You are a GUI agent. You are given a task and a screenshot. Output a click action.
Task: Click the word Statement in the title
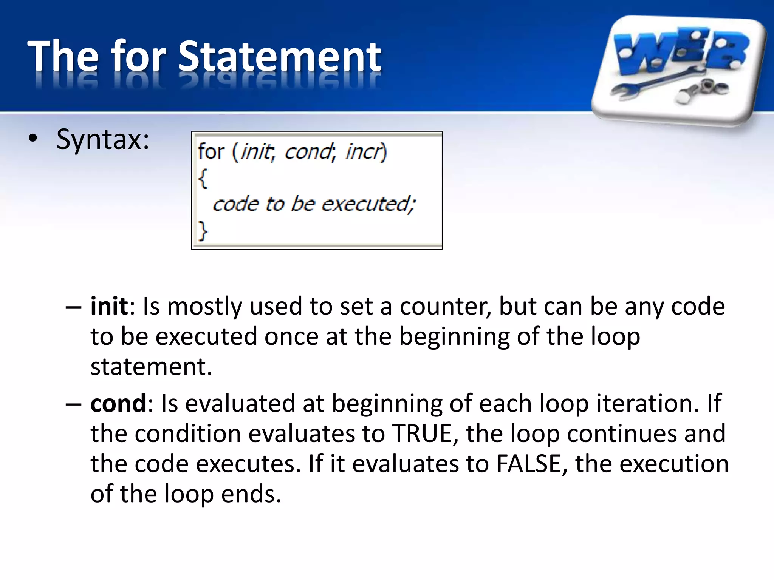coord(280,57)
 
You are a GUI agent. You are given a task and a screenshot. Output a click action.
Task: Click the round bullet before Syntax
coord(33,139)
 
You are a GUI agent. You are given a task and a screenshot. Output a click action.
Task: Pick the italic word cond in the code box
coord(308,152)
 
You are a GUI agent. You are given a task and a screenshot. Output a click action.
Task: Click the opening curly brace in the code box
coord(203,178)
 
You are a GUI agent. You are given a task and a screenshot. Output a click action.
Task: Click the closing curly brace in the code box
coord(203,230)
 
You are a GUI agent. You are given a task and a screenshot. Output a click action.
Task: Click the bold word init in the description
coord(109,306)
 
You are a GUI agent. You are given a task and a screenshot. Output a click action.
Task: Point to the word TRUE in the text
coord(423,433)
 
